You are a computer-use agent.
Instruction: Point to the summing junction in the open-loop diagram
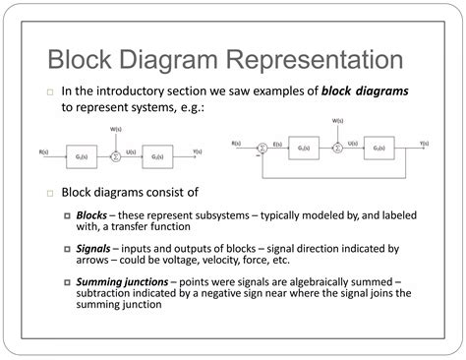[x=116, y=155]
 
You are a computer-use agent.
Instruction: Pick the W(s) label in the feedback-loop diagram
[x=338, y=122]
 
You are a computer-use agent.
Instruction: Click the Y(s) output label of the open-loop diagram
[x=198, y=150]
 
